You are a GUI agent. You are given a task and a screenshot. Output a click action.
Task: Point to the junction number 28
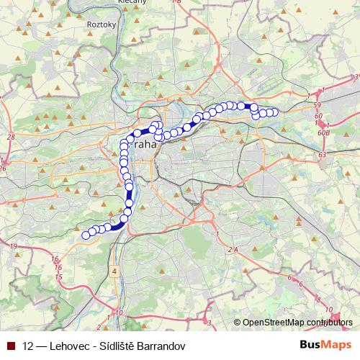pyautogui.click(x=10, y=136)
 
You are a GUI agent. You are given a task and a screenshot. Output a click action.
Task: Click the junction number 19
pyautogui.click(x=14, y=246)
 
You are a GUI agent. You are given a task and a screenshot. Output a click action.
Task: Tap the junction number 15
pyautogui.click(x=58, y=276)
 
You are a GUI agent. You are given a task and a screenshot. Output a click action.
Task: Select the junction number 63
pyautogui.click(x=322, y=154)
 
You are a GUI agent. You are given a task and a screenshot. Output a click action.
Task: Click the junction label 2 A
pyautogui.click(x=232, y=249)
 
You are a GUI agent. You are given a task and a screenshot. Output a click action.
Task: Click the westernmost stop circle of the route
pyautogui.click(x=86, y=235)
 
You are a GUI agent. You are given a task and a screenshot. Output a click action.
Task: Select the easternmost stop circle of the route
pyautogui.click(x=274, y=112)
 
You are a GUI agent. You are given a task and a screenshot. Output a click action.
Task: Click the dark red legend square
pyautogui.click(x=10, y=346)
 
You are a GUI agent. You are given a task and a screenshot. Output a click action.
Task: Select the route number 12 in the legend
pyautogui.click(x=28, y=346)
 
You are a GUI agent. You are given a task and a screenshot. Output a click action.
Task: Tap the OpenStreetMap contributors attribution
pyautogui.click(x=294, y=323)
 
